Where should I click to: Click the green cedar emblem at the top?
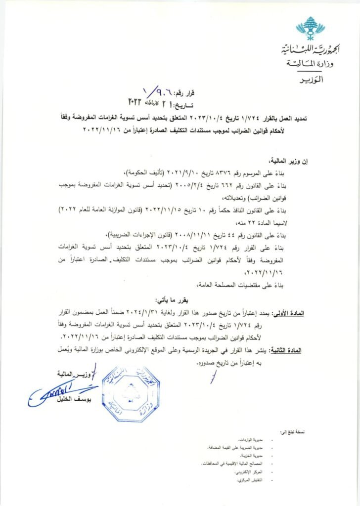pyautogui.click(x=310, y=28)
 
